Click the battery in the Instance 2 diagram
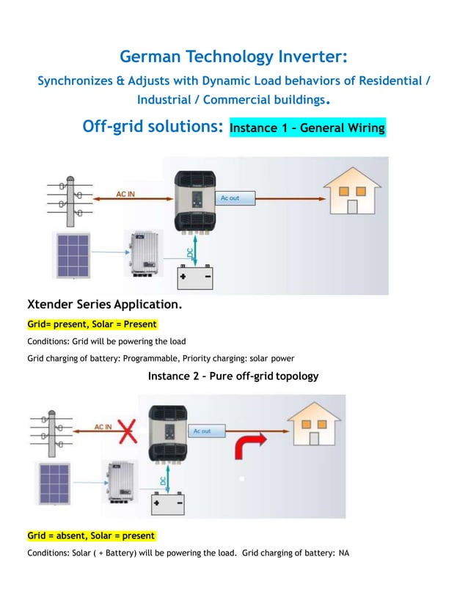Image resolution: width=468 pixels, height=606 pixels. pyautogui.click(x=168, y=504)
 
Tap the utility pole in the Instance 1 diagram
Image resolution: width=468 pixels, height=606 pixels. pyautogui.click(x=70, y=202)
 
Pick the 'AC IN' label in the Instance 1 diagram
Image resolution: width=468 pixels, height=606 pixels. pyautogui.click(x=125, y=194)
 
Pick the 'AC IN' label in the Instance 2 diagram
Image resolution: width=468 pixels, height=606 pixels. pyautogui.click(x=103, y=427)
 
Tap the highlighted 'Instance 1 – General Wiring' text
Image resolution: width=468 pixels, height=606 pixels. pyautogui.click(x=307, y=128)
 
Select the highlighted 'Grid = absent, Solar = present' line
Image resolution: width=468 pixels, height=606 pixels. pyautogui.click(x=91, y=536)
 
